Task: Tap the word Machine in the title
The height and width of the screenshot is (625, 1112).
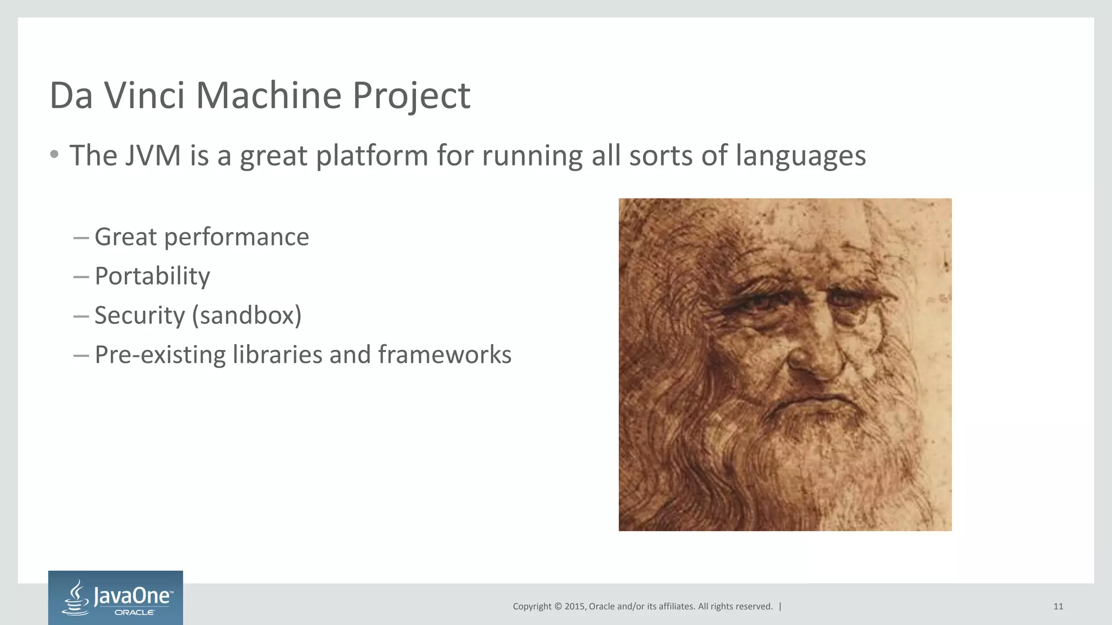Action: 268,95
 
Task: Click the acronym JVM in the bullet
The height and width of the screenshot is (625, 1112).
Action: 153,156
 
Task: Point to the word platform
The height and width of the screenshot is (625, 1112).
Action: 372,157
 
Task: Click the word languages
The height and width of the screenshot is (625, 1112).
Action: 800,157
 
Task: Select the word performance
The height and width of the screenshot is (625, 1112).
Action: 236,238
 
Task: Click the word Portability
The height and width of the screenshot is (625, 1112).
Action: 152,277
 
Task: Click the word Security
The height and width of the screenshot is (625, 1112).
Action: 140,316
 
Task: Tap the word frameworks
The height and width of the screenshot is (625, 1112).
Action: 445,355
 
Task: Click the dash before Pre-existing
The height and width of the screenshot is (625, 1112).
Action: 81,356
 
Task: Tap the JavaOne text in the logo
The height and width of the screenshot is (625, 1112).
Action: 133,596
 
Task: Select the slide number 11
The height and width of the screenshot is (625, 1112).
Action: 1058,607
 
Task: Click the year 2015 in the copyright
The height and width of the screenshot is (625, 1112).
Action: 574,607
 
